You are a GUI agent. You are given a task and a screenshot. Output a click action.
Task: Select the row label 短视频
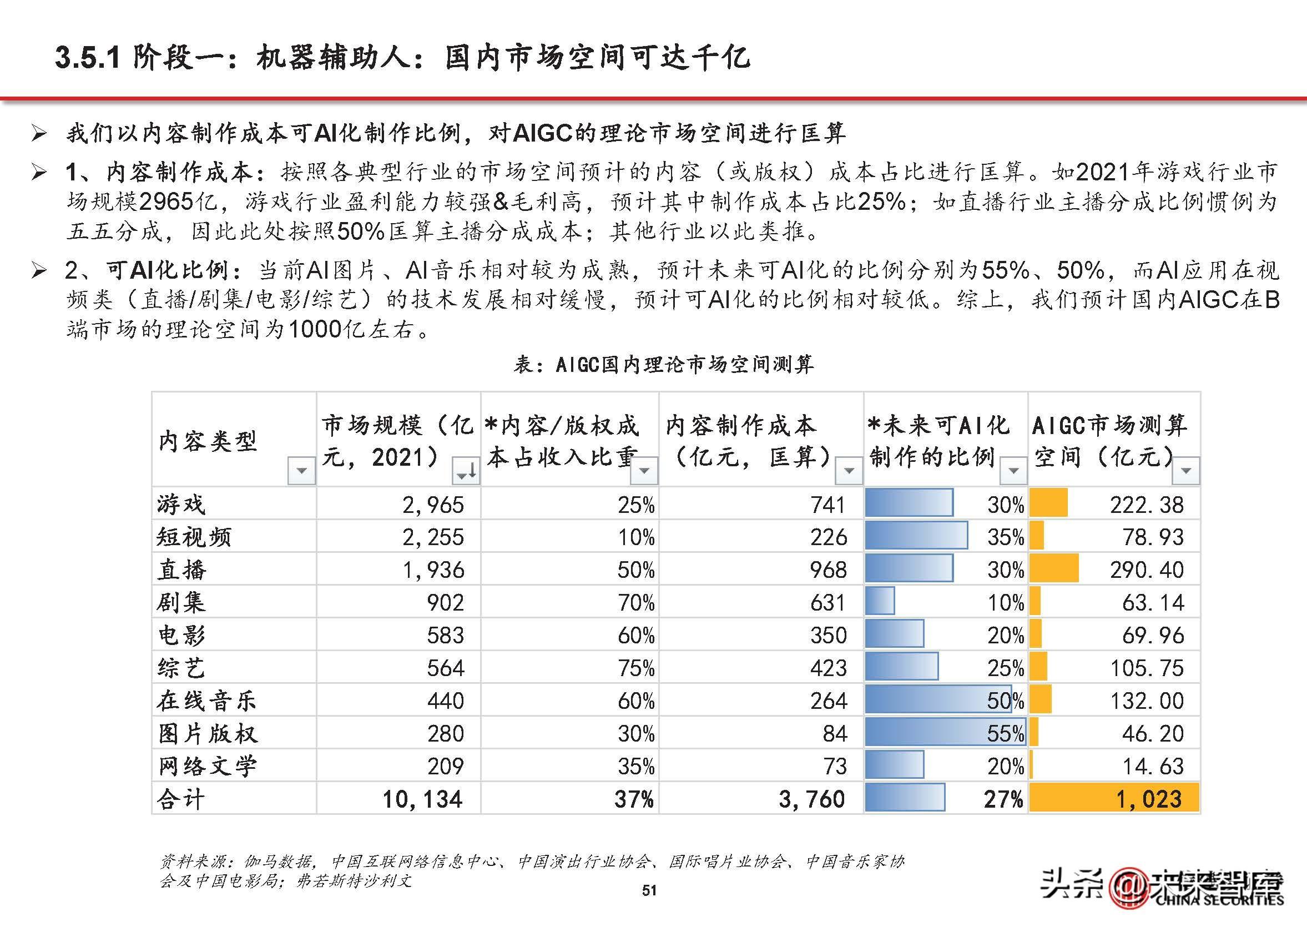click(x=194, y=537)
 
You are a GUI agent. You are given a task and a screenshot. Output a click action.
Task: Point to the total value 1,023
click(x=1148, y=799)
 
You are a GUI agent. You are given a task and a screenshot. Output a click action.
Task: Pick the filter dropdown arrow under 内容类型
click(x=301, y=471)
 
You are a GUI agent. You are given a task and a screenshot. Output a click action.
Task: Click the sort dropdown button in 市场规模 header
click(x=466, y=471)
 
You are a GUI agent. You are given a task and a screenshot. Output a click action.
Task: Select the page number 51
click(x=649, y=890)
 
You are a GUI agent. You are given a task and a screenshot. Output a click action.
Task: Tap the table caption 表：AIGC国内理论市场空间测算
click(x=663, y=364)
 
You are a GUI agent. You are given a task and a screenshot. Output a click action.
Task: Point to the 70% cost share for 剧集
click(x=636, y=603)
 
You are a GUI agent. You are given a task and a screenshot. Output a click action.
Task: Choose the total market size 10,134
click(x=422, y=799)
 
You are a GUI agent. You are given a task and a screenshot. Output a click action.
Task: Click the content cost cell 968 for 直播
click(x=828, y=570)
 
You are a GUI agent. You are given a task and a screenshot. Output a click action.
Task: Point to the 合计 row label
click(x=180, y=799)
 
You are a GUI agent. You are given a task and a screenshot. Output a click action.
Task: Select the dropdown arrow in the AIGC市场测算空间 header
click(x=1186, y=471)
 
